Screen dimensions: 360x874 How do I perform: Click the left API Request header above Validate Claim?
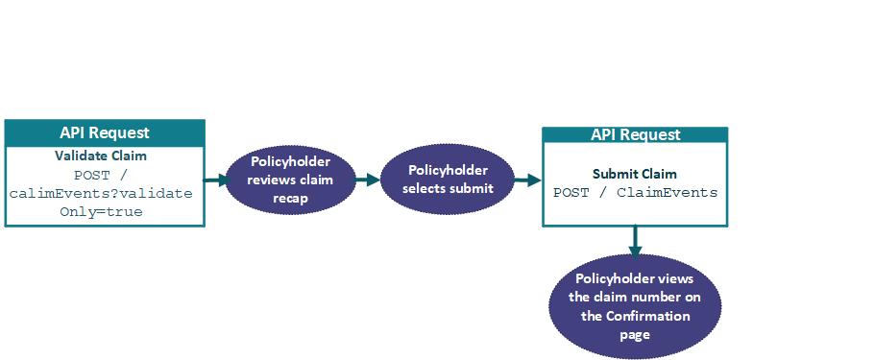point(105,132)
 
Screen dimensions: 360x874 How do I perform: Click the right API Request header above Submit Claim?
point(635,135)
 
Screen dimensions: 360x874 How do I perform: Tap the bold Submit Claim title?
point(634,175)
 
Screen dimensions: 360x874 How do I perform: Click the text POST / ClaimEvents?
point(635,192)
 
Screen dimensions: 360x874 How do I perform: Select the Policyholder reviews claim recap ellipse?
point(290,180)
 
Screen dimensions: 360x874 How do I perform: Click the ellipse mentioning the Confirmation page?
point(635,306)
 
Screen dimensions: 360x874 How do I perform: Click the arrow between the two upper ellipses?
point(367,180)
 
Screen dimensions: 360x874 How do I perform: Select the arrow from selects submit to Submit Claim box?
point(526,180)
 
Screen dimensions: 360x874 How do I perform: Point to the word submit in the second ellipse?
point(471,188)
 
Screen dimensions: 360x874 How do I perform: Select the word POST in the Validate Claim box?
point(93,175)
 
